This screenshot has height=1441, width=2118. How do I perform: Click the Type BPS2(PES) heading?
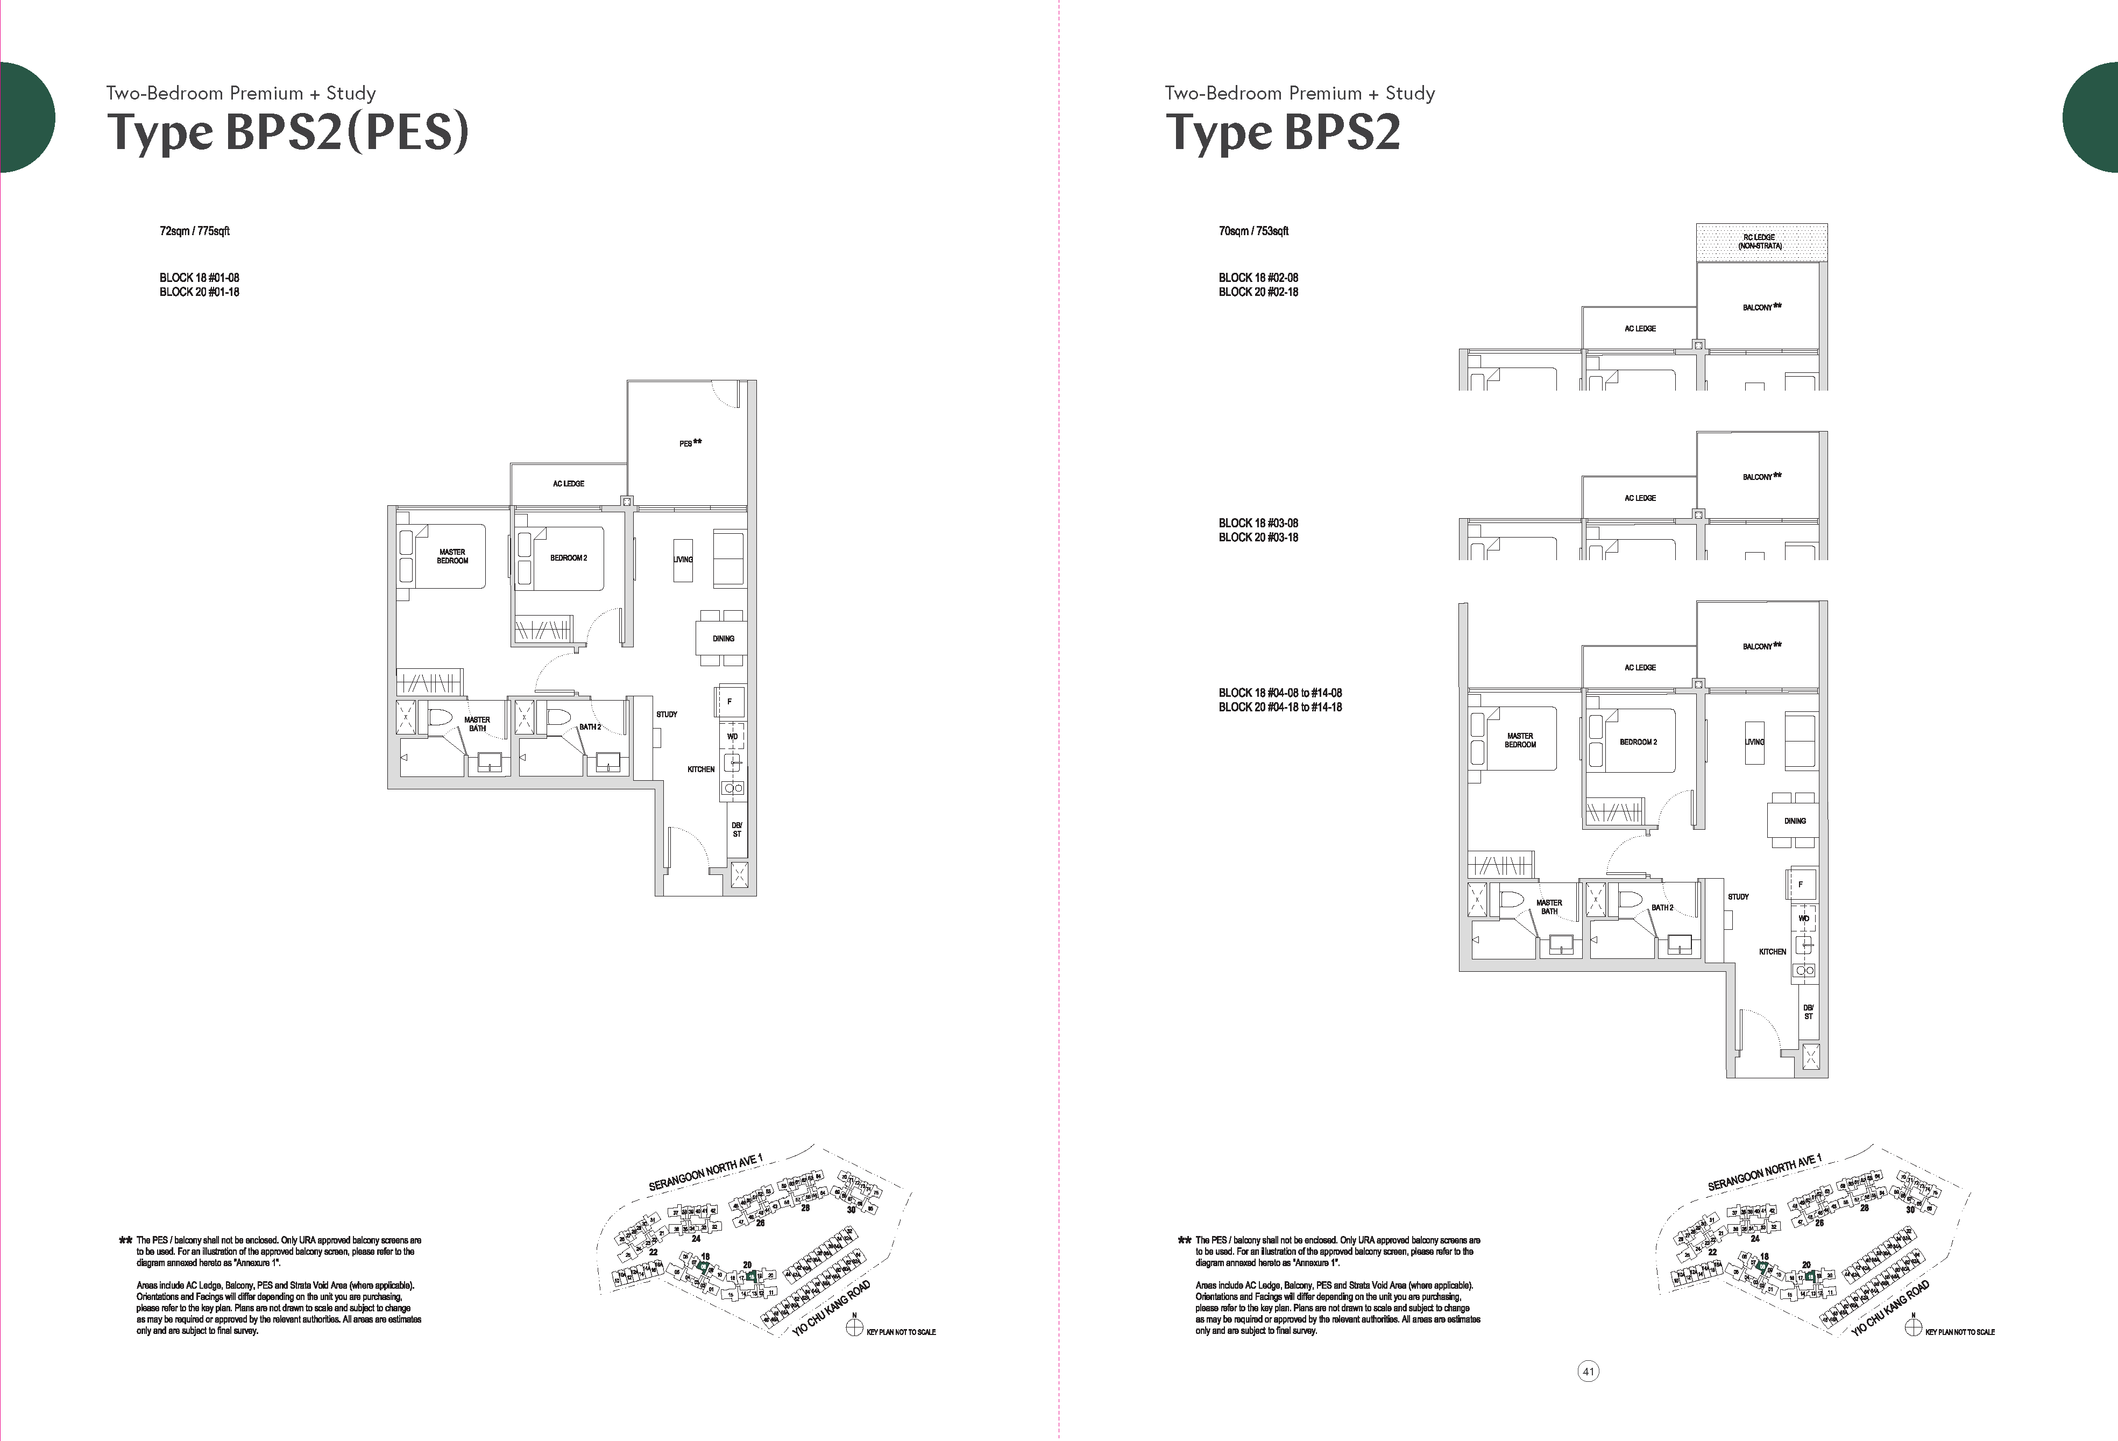(288, 132)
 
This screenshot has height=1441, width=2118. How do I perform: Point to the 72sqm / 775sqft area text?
(194, 231)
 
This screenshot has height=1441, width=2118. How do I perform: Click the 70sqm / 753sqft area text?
(1253, 231)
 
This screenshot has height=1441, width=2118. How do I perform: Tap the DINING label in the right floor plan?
(1795, 820)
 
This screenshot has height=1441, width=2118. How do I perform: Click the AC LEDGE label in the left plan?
(568, 484)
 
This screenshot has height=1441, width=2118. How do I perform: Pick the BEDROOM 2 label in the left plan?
(568, 558)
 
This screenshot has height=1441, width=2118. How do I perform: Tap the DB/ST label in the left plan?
(736, 829)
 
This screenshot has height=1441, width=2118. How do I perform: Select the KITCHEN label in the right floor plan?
(1772, 951)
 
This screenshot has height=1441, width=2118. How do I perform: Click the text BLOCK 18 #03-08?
(1258, 523)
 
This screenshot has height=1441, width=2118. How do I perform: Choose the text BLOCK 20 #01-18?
(199, 292)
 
